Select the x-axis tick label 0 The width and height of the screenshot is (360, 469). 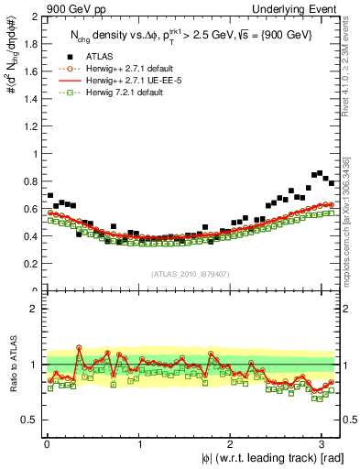[46, 444]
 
